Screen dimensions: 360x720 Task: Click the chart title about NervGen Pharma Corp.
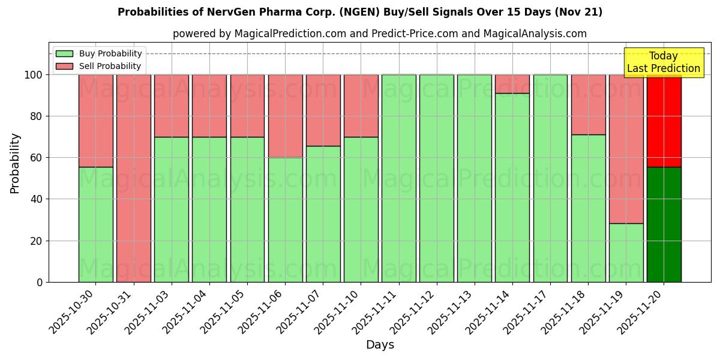360,12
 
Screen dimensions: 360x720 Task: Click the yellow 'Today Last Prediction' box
664,62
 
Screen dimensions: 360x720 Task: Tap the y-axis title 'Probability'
15,163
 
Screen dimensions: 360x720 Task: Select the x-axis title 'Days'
380,345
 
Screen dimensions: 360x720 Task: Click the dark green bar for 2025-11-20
664,224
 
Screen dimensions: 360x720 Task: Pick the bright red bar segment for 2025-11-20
664,121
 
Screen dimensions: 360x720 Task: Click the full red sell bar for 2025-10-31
133,178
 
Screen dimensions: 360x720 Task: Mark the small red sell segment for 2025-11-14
512,84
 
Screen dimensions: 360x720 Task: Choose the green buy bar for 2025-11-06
285,220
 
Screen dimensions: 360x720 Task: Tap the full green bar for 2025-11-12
437,178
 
